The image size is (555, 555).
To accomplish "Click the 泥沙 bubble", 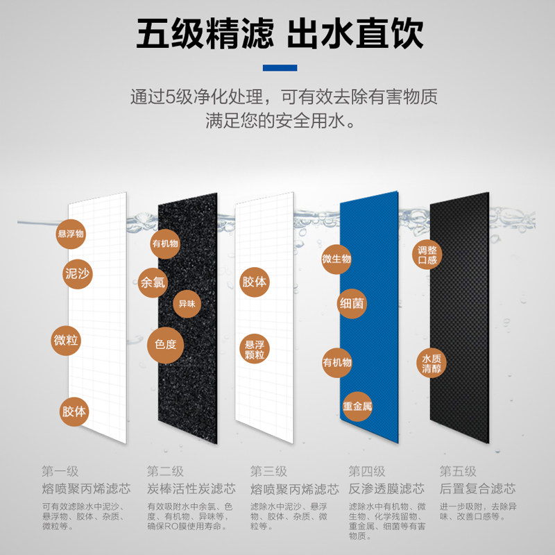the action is coord(76,274).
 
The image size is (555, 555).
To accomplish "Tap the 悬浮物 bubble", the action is coord(71,234).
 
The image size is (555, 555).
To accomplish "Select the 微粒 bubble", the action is coord(67,341).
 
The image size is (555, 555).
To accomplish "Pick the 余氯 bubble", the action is coord(153,282).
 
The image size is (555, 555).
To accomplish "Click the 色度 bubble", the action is coord(165,344).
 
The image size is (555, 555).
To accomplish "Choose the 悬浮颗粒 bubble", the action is coord(255,350).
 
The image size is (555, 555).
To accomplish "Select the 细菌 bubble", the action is coord(352,303).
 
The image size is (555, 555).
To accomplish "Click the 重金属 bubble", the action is coord(357,406).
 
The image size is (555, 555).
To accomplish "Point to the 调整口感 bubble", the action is coord(427,255).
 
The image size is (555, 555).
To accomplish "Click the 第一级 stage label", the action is coord(60,472).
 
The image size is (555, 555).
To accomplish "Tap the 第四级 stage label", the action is coord(367,472).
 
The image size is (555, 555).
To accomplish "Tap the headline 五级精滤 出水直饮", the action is coord(279,33).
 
